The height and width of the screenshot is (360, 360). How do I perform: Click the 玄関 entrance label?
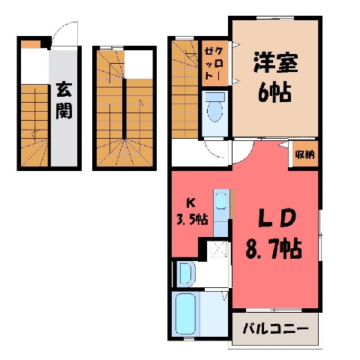64,100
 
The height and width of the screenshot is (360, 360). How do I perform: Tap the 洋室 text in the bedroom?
275,62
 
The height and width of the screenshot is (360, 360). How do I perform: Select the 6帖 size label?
274,92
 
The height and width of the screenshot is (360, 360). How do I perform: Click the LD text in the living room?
277,217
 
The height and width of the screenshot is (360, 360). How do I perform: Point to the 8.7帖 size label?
274,249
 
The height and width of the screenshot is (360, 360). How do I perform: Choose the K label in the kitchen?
190,203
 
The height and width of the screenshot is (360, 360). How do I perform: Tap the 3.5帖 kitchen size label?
192,219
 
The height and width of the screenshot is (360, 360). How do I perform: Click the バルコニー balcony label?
275,328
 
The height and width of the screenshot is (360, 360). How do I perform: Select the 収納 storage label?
304,154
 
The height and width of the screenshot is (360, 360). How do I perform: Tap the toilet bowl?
214,109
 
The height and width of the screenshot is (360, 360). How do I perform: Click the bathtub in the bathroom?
185,314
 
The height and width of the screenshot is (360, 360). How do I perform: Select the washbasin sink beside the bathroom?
184,274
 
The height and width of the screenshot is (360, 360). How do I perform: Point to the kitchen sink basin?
220,200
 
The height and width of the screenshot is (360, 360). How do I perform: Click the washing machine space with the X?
219,250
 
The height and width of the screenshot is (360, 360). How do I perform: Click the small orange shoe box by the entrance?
31,44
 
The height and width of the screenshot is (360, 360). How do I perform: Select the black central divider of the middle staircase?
124,109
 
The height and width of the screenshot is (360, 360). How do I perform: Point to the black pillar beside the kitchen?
202,249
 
